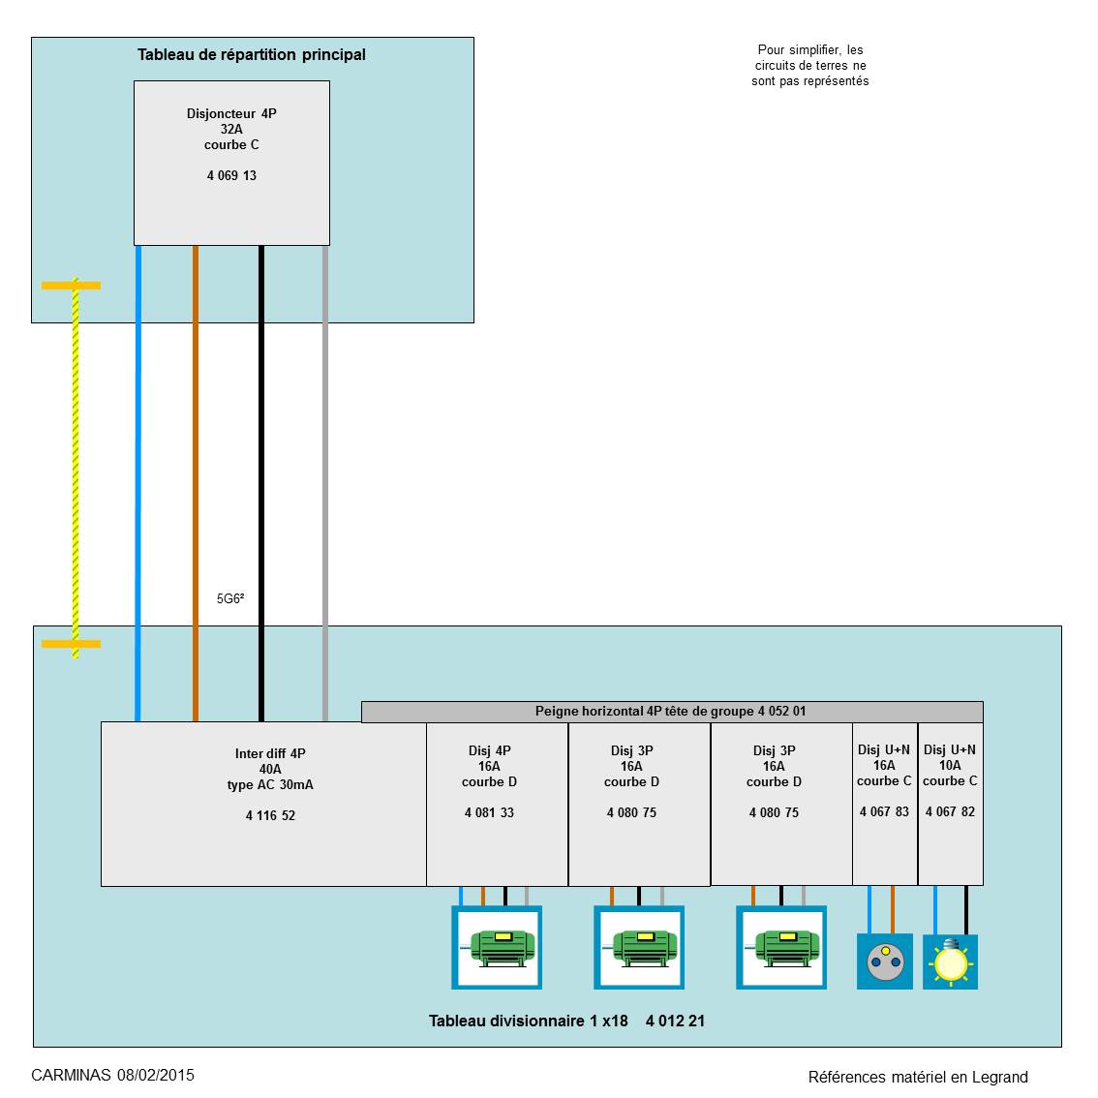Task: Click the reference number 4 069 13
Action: tap(231, 175)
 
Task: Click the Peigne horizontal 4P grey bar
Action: tap(671, 712)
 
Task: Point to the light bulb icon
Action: tap(950, 962)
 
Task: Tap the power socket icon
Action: tap(884, 961)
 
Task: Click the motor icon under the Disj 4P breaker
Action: tap(497, 947)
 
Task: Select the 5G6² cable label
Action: tap(230, 599)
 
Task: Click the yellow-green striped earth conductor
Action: tap(75, 465)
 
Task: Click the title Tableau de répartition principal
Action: tap(252, 54)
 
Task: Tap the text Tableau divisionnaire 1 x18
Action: tap(529, 1021)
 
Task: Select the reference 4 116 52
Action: tap(270, 815)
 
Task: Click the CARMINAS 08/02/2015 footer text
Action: tap(112, 1075)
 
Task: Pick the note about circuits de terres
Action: tap(810, 66)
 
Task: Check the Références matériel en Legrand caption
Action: tap(918, 1077)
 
